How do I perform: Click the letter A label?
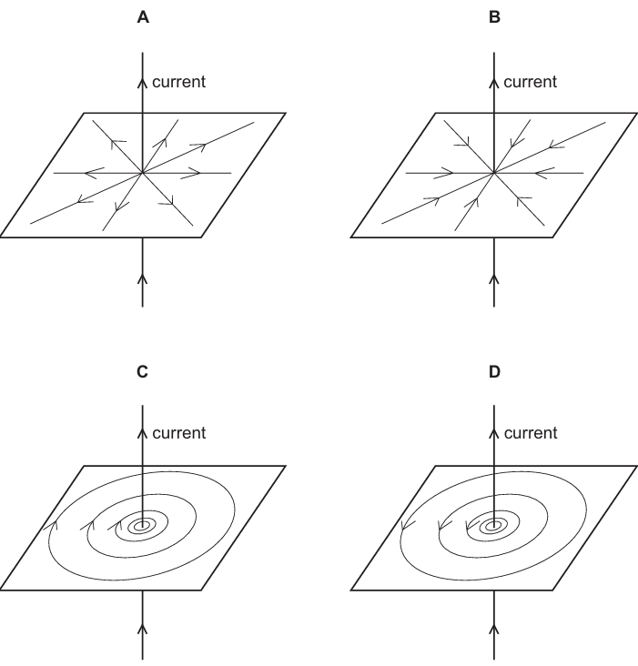(x=143, y=17)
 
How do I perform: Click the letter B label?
(x=494, y=17)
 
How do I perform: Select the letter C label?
(x=143, y=371)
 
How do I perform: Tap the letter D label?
(x=494, y=371)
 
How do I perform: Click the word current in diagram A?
(x=178, y=82)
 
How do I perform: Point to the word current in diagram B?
(x=530, y=82)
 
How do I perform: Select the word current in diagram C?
(x=178, y=433)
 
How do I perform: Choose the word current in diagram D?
(x=531, y=433)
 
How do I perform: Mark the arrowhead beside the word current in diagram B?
(x=494, y=84)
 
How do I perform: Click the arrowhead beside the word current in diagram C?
(x=143, y=433)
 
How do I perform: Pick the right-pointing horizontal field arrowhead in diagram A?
(x=191, y=173)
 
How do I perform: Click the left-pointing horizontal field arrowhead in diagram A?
(x=94, y=173)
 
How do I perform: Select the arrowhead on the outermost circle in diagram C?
(x=52, y=525)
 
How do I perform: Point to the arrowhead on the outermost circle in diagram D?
(x=407, y=525)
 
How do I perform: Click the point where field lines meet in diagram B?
(x=494, y=173)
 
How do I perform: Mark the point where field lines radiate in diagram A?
(x=143, y=173)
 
